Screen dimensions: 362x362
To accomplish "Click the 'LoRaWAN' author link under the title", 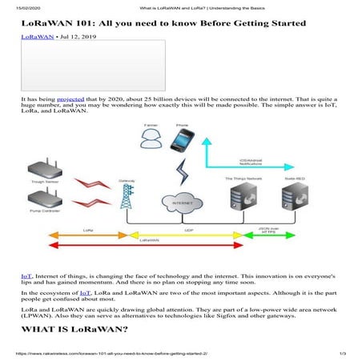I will click(x=37, y=38).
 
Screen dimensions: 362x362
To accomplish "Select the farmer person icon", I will click(x=151, y=141).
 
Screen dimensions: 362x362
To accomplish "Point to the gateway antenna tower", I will click(x=126, y=199).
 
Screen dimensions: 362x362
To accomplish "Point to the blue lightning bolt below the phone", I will click(x=181, y=170).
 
